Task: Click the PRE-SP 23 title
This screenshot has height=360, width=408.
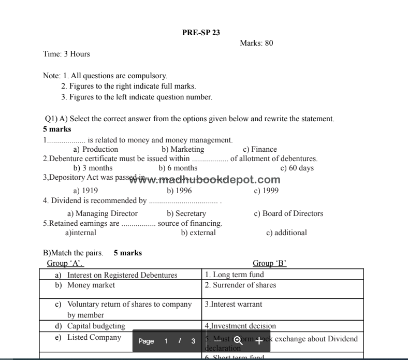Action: (201, 33)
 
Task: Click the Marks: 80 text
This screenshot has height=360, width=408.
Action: (256, 43)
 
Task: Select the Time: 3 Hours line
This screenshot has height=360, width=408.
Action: (66, 54)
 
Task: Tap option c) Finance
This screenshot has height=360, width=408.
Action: (260, 149)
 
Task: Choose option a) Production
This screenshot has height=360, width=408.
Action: (96, 149)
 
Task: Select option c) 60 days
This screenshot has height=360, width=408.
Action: (297, 168)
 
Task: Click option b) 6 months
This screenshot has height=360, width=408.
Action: (178, 168)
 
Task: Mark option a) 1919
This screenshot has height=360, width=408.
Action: (85, 191)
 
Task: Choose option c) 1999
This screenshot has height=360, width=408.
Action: (266, 191)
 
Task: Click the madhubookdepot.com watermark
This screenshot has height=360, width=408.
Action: (205, 180)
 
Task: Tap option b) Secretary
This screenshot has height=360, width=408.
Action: (186, 213)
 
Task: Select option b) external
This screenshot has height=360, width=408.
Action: (198, 233)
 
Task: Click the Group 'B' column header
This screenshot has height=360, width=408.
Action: (269, 263)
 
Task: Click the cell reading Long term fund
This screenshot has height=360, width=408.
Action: (235, 275)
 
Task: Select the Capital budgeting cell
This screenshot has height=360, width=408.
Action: (96, 326)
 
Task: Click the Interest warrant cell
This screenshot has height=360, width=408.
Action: (234, 305)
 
